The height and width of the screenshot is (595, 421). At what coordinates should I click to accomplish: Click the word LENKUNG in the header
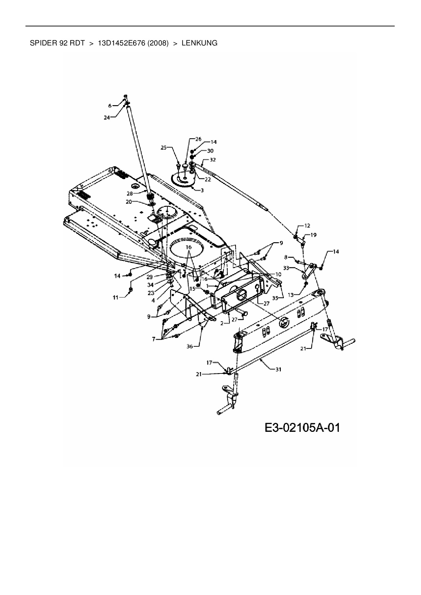pos(200,43)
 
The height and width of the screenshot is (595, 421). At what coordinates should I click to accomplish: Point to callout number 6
pos(110,106)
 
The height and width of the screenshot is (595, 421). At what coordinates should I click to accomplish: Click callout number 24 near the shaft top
pos(107,118)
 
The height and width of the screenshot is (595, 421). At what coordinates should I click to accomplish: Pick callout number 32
pos(213,159)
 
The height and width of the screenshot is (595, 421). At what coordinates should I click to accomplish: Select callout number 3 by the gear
pos(202,190)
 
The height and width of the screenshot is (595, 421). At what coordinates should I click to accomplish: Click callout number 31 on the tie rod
pos(278,370)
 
